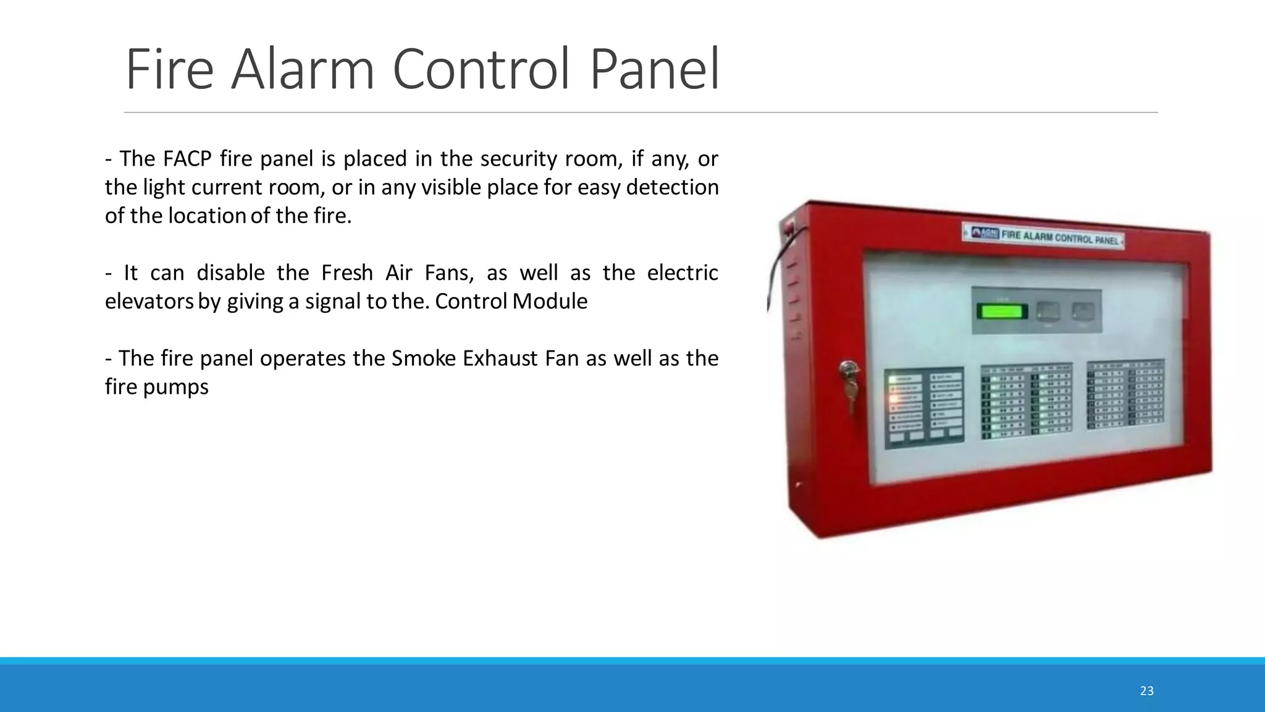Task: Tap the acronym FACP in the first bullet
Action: (x=188, y=159)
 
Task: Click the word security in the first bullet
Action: (x=519, y=159)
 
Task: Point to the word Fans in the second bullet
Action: (x=449, y=273)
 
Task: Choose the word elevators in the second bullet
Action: (x=149, y=301)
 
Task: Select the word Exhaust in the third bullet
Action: (x=501, y=358)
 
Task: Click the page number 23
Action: (x=1146, y=691)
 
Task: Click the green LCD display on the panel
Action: (x=1002, y=311)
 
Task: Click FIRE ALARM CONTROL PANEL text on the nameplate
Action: (x=1059, y=237)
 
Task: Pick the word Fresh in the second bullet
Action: (x=347, y=273)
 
